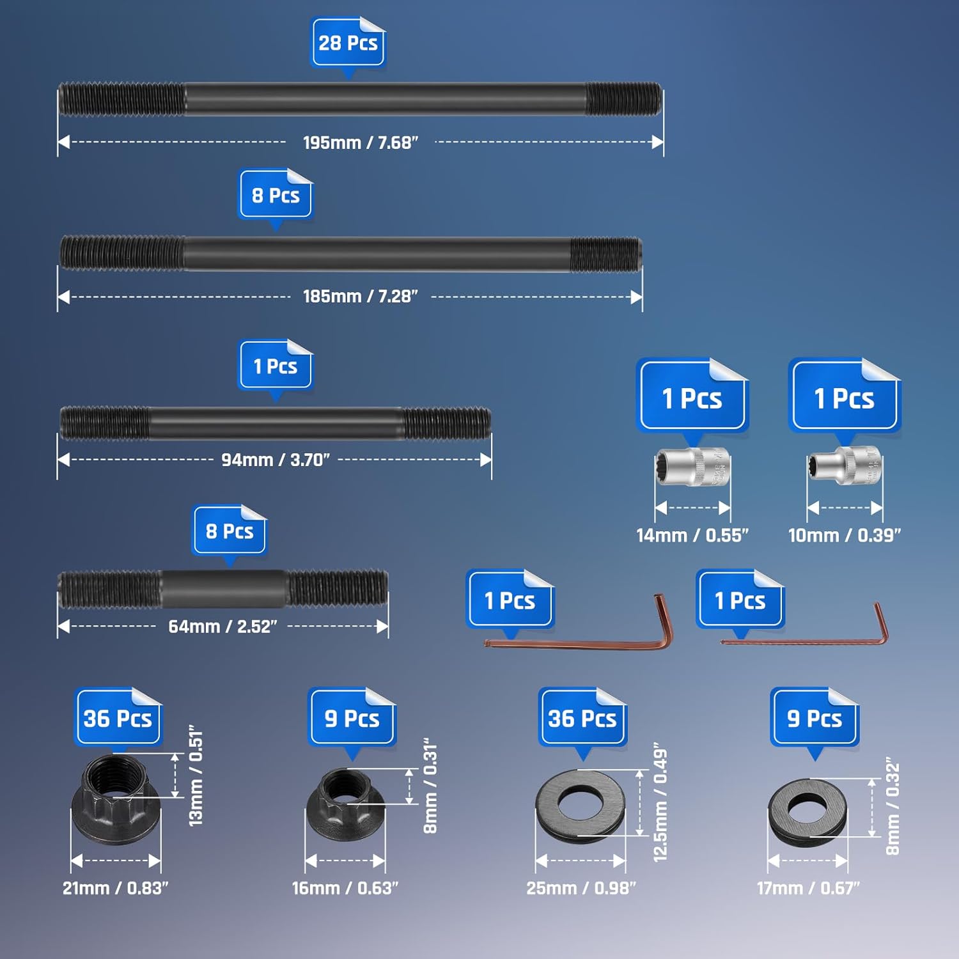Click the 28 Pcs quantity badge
(x=348, y=43)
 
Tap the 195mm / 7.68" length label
(x=360, y=142)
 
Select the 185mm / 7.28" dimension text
(x=360, y=296)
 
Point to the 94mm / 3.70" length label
(x=275, y=460)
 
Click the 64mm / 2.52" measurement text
(x=222, y=627)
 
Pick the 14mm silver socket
(x=692, y=467)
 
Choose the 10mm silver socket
(x=845, y=466)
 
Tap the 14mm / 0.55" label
(x=692, y=535)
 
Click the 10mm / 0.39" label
(x=845, y=535)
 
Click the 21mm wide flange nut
(x=116, y=799)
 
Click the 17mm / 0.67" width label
(x=807, y=888)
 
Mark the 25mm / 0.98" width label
(x=581, y=888)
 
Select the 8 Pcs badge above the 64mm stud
(x=230, y=531)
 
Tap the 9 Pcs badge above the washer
(x=814, y=718)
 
